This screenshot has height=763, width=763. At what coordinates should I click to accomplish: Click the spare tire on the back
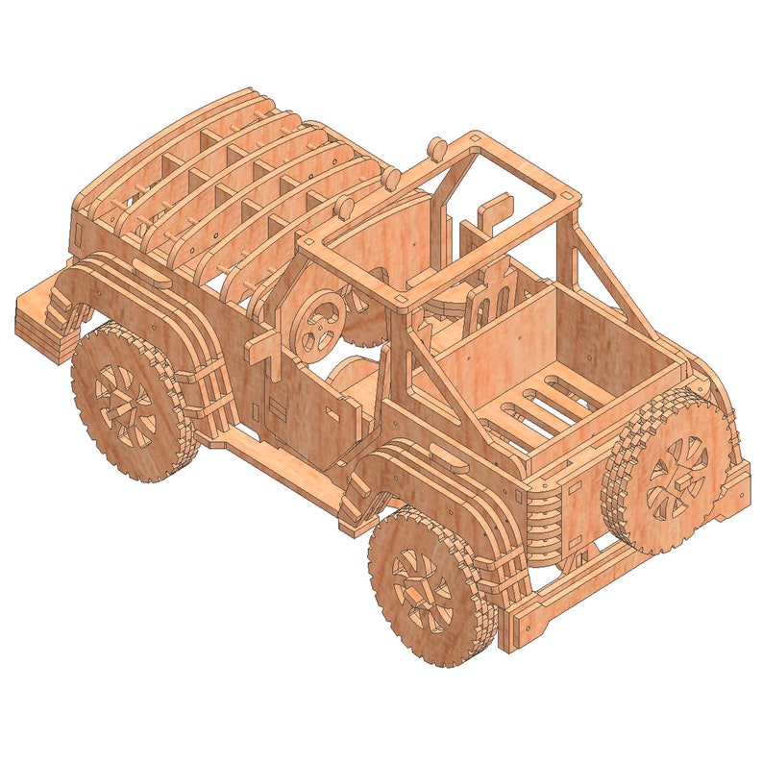point(673,471)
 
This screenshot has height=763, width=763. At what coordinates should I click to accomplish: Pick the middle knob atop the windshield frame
point(392,179)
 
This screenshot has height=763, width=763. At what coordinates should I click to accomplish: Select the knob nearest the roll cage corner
point(435,148)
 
